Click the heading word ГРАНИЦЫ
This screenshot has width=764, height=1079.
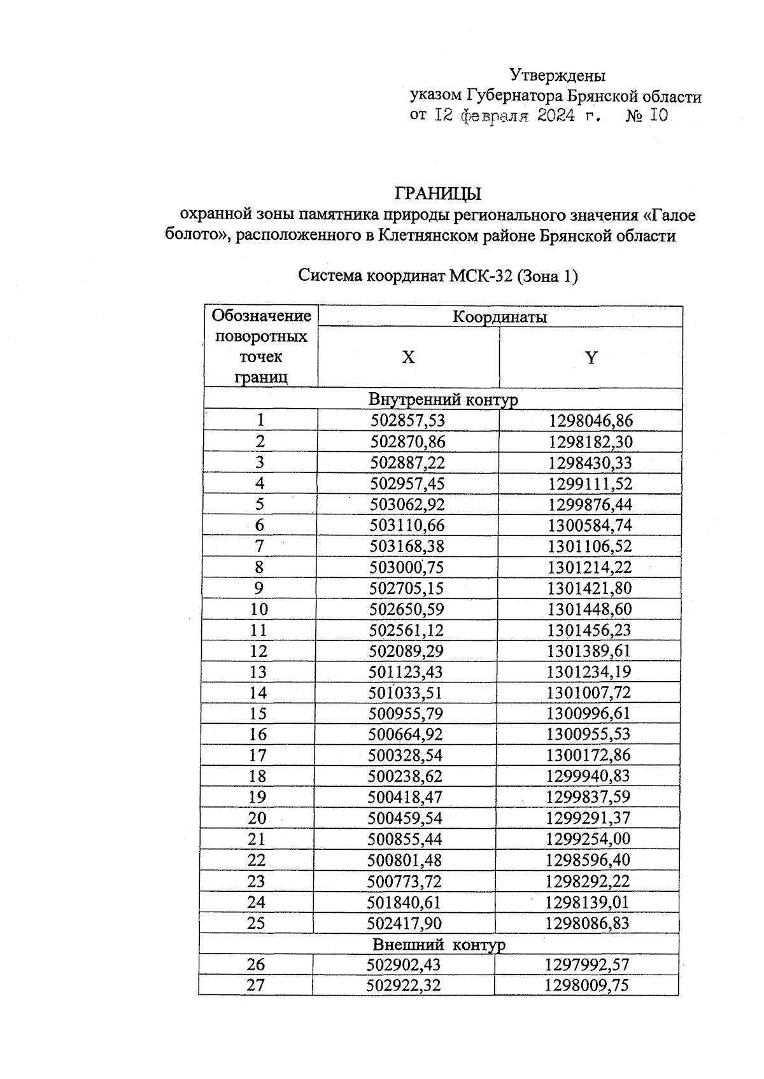pyautogui.click(x=438, y=192)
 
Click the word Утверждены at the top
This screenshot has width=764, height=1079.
pyautogui.click(x=558, y=76)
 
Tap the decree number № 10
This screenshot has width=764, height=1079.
pyautogui.click(x=647, y=116)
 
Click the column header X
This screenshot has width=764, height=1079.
pyautogui.click(x=408, y=357)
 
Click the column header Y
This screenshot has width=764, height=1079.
pyautogui.click(x=591, y=358)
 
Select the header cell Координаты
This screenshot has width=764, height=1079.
pyautogui.click(x=499, y=316)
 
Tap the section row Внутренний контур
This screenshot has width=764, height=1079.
pyautogui.click(x=443, y=399)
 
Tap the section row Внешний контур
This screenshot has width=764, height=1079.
pyautogui.click(x=439, y=944)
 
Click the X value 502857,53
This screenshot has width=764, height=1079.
pyautogui.click(x=408, y=420)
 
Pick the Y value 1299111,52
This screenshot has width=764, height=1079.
pyautogui.click(x=590, y=483)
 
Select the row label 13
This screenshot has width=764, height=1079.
pyautogui.click(x=258, y=672)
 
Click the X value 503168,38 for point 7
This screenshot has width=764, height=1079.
pyautogui.click(x=407, y=546)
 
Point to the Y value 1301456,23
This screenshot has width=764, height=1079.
pyautogui.click(x=590, y=630)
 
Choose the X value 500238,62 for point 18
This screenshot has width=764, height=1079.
pyautogui.click(x=405, y=776)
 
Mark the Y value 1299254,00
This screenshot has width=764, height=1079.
pyautogui.click(x=588, y=839)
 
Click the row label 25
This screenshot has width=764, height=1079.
pyautogui.click(x=256, y=923)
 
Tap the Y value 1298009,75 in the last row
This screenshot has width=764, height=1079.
pyautogui.click(x=586, y=985)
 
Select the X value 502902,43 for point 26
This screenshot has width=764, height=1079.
pyautogui.click(x=404, y=964)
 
